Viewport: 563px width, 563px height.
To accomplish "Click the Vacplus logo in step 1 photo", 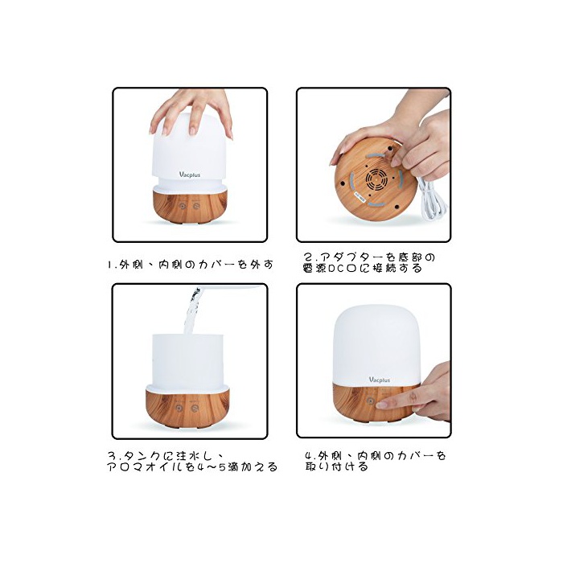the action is click(190, 175).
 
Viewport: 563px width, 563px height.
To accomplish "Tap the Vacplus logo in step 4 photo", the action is click(379, 380).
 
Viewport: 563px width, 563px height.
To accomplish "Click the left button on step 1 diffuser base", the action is click(183, 207).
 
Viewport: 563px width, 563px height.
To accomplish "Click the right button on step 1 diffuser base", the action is click(196, 206).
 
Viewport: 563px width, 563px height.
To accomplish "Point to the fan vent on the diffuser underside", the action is click(376, 179).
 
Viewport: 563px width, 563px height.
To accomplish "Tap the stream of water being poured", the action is click(192, 310).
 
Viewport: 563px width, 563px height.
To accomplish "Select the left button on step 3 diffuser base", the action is click(179, 409).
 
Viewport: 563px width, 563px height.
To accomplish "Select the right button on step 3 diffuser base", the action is click(195, 409).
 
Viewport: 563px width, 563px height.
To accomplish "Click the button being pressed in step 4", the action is click(371, 401).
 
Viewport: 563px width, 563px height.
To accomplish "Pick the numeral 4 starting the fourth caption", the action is click(309, 456).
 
